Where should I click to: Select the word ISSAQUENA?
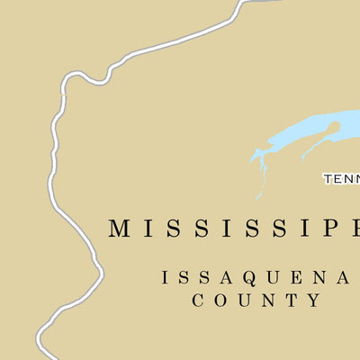[255, 278]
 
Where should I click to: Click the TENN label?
[342, 179]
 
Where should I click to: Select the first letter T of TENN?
[328, 179]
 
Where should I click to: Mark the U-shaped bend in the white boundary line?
[87, 77]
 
